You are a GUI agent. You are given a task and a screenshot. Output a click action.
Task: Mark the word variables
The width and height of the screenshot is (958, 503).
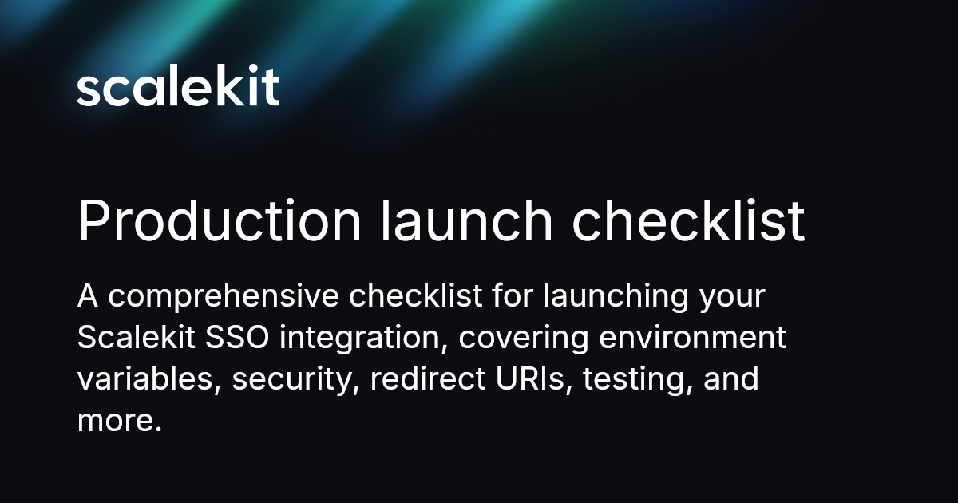click(148, 378)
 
